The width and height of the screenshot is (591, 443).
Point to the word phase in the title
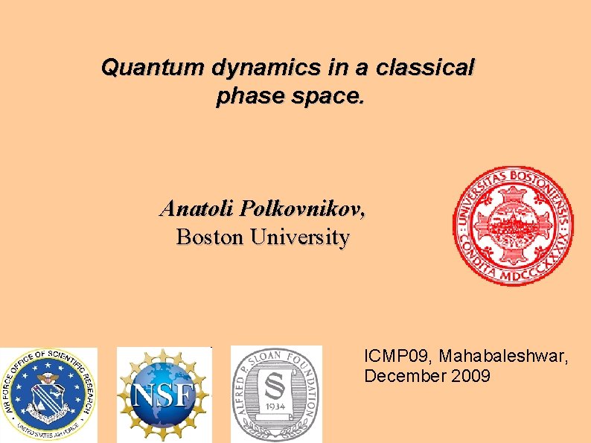click(x=243, y=96)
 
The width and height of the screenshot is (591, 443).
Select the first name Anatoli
click(x=197, y=208)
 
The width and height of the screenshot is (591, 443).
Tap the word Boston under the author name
click(x=211, y=238)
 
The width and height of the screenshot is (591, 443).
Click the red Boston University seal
click(x=514, y=226)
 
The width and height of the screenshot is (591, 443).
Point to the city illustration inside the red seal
click(x=514, y=223)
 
